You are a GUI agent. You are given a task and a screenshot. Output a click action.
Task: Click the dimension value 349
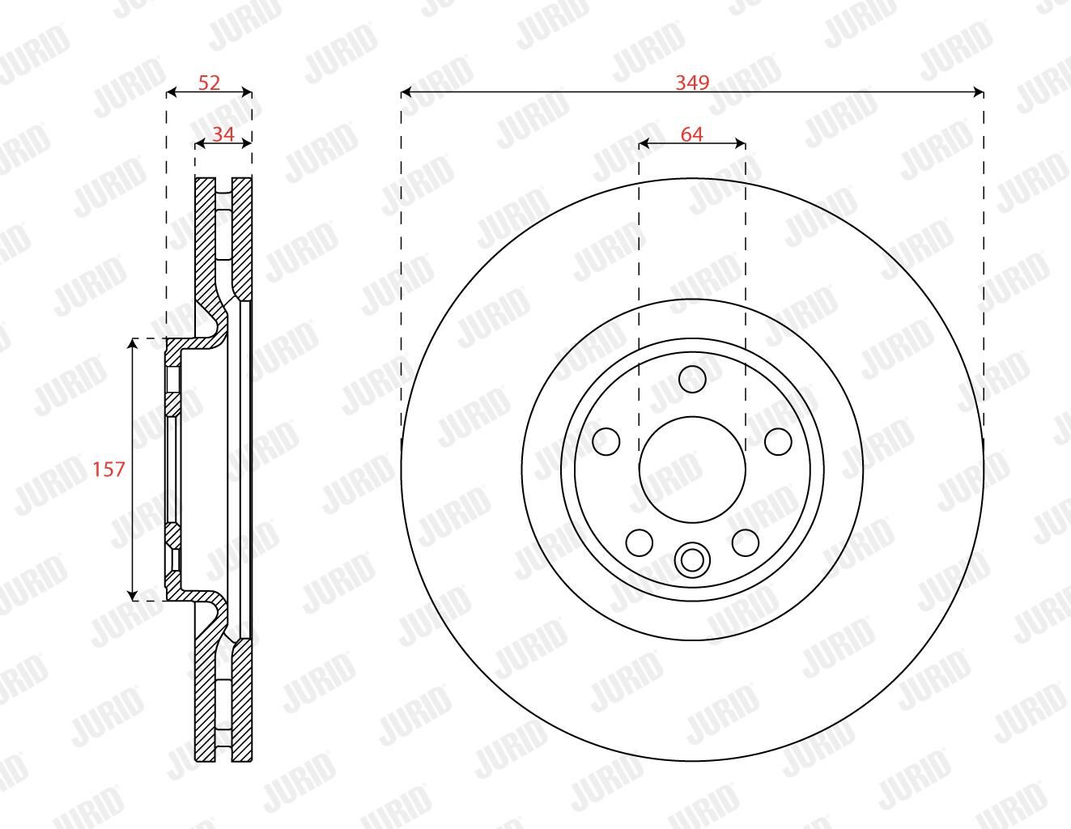(x=692, y=83)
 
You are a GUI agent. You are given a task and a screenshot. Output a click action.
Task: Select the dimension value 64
(x=692, y=134)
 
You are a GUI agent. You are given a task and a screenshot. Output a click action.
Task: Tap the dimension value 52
(x=209, y=83)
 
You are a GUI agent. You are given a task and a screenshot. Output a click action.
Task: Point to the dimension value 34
(x=223, y=134)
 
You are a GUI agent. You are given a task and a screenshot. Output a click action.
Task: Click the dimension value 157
(x=109, y=470)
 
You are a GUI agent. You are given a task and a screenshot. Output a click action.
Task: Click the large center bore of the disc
(x=692, y=470)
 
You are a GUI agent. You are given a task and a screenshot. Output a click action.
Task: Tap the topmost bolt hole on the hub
(x=692, y=379)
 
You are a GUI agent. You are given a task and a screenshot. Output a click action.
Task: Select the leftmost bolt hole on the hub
(x=606, y=441)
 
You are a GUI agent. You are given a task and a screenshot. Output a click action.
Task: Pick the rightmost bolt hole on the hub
(x=778, y=441)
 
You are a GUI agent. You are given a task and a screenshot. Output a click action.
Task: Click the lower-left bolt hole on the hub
(x=640, y=542)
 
